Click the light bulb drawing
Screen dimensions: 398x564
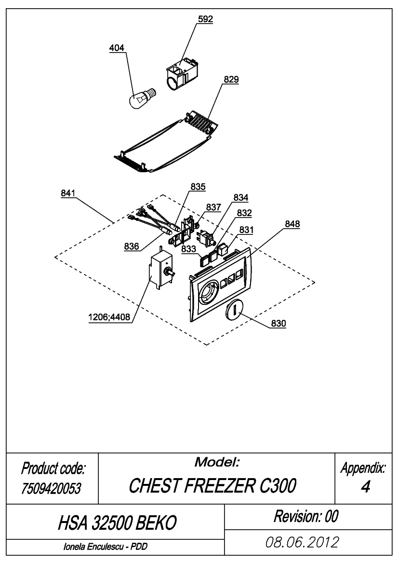[142, 99]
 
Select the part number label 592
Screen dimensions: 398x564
[205, 19]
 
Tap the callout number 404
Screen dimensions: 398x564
[117, 48]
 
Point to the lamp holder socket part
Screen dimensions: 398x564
[181, 74]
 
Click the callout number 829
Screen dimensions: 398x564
[231, 79]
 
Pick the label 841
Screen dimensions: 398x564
[68, 193]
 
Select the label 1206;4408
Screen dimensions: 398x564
[109, 317]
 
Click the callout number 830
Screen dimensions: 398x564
[279, 323]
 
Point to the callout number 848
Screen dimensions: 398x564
[292, 224]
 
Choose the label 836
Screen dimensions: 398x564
[132, 247]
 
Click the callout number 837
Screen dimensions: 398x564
[213, 207]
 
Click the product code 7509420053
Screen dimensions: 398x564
[51, 488]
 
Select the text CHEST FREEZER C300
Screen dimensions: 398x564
[212, 485]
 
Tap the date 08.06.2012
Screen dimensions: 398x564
[302, 542]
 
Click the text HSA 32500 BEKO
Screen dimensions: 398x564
[117, 523]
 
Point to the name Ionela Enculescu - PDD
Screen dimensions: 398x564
[106, 547]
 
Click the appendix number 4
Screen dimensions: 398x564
[365, 487]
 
